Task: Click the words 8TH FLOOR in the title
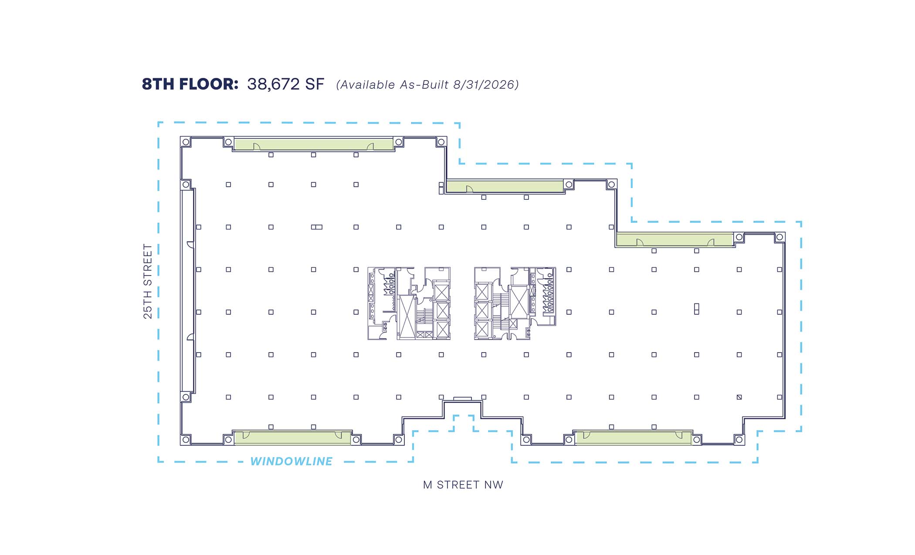click(190, 84)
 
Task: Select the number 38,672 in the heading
click(273, 84)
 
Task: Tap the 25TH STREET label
click(148, 281)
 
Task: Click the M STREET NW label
click(463, 484)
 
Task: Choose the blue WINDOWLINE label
click(291, 461)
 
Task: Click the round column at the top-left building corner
click(186, 142)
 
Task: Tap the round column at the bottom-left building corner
click(186, 440)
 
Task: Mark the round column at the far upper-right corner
click(780, 237)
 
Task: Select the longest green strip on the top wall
click(314, 144)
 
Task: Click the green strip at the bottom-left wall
click(292, 437)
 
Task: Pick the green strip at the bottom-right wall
click(634, 437)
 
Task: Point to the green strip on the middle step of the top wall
click(505, 186)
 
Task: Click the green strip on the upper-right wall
click(675, 239)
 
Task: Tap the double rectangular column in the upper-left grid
click(317, 227)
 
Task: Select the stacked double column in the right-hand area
click(697, 309)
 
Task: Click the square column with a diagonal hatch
click(739, 397)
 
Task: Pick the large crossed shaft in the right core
click(518, 302)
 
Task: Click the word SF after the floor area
click(315, 84)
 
